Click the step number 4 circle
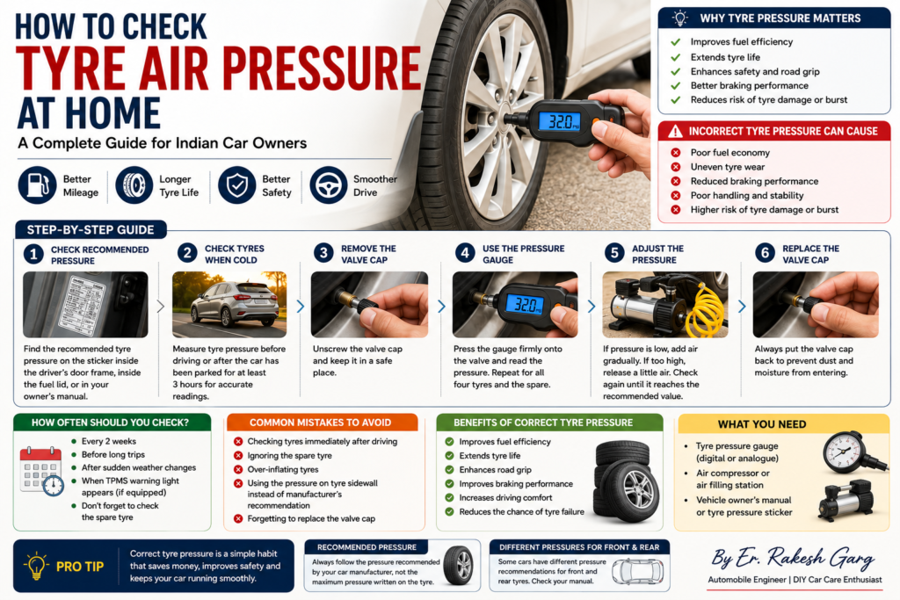465,253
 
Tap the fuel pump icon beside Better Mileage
37,185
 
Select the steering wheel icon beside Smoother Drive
329,185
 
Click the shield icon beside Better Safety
237,185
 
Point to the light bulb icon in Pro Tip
36,566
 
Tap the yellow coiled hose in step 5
706,310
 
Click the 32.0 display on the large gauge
560,121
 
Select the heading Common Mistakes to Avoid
320,423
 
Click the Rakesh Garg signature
794,558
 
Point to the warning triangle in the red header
676,132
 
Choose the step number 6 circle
765,253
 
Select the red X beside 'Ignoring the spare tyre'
238,455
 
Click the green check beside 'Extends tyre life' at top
676,57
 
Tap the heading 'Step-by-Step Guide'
91,230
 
